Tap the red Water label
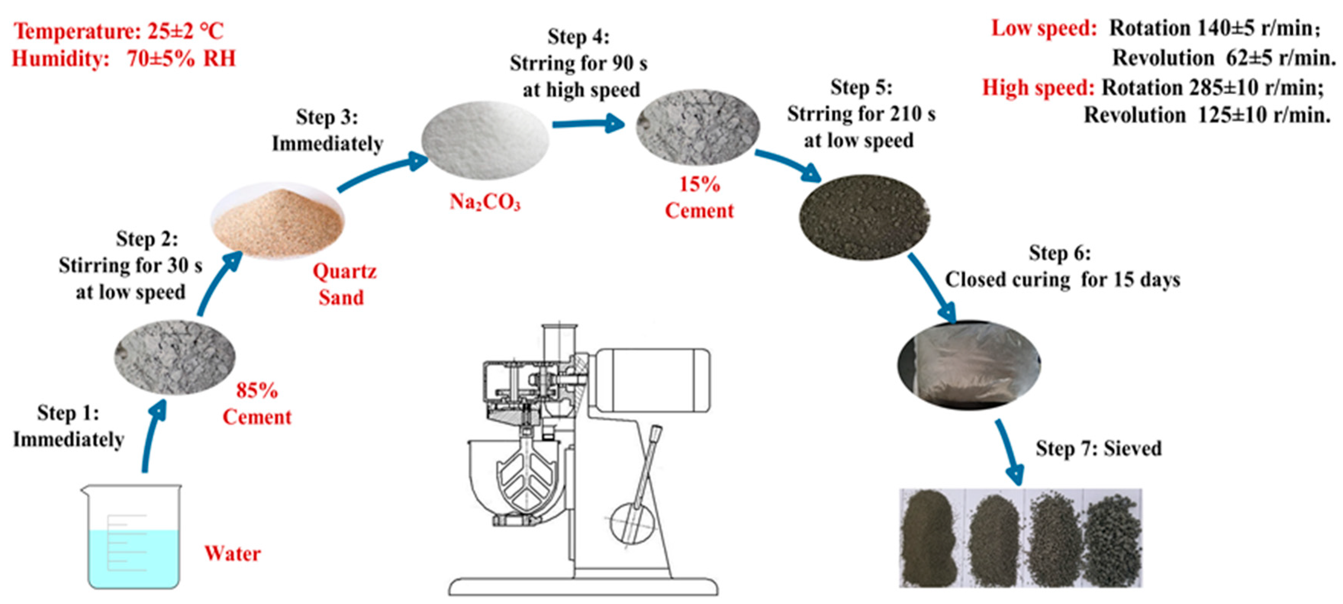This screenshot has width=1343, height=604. (x=232, y=553)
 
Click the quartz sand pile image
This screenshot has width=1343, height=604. (x=277, y=222)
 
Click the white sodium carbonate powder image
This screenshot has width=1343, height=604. (x=485, y=140)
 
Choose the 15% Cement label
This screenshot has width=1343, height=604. (x=699, y=198)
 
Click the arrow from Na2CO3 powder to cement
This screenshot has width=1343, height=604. (x=589, y=124)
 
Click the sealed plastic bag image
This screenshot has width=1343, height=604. (x=969, y=364)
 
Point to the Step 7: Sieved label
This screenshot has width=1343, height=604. (x=1098, y=449)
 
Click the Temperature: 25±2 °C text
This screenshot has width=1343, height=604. (x=119, y=31)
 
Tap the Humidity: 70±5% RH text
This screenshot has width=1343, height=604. (x=124, y=58)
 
